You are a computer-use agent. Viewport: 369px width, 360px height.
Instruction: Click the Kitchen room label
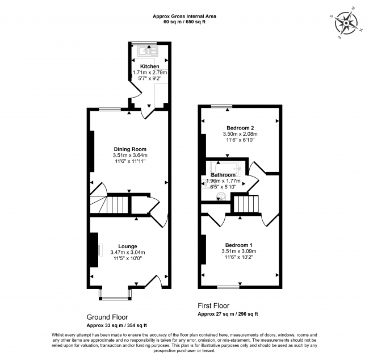coord(150,66)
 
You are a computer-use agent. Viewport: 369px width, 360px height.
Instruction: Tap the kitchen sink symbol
coord(148,51)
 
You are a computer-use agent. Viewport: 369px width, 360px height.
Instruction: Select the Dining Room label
coord(130,149)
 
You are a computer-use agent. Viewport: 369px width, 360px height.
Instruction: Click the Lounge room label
coord(128,246)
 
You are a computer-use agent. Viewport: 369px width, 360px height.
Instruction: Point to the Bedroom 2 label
coord(240,128)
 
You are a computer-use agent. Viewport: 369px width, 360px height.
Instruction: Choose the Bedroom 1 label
coord(239,245)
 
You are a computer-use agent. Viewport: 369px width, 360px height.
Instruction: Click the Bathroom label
coord(223,175)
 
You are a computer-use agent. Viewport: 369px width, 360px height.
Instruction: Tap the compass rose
coord(346,23)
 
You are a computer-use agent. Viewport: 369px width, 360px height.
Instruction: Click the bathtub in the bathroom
coord(226,168)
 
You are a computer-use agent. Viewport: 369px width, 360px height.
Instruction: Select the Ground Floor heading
coord(107,317)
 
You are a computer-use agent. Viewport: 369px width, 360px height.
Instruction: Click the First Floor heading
coord(213,305)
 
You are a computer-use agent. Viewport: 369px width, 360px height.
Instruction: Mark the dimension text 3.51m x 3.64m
coord(130,155)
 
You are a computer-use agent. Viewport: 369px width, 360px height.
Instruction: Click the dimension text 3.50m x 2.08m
coord(240,134)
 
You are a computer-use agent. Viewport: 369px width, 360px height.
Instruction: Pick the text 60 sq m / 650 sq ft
coord(184,22)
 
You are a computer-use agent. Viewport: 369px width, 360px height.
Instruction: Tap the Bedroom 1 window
coord(228,287)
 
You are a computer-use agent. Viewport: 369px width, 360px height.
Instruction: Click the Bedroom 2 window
coord(221,106)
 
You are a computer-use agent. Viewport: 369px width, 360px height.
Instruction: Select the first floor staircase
coord(246,204)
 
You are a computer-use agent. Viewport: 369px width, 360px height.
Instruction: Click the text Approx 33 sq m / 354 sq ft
coord(117,325)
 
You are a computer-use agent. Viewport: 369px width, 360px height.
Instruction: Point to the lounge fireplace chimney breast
coord(94,250)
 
